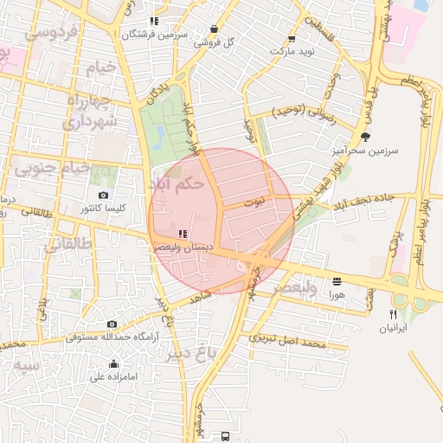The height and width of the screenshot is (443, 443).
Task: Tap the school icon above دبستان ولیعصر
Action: pos(182,234)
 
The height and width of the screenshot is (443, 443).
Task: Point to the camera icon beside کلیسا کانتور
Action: pos(104,196)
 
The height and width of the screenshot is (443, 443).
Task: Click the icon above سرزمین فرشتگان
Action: pos(154,21)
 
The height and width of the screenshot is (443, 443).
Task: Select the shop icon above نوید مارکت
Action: pos(291,38)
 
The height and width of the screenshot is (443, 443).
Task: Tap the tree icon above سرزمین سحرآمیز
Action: pos(366,137)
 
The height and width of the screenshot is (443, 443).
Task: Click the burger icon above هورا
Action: pos(337,281)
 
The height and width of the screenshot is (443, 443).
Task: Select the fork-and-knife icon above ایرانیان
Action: pos(393,314)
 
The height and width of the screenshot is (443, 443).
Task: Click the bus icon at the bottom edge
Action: pos(226,436)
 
